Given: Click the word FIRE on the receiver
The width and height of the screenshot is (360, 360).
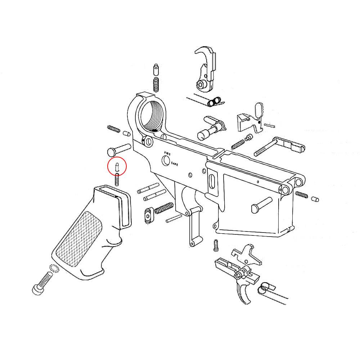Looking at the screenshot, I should [x=167, y=153].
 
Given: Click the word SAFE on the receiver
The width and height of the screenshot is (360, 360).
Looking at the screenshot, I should [x=175, y=163].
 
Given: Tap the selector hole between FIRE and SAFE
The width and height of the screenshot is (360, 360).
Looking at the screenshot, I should [x=166, y=160].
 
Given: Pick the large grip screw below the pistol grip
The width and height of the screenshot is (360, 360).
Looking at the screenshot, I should [x=42, y=283].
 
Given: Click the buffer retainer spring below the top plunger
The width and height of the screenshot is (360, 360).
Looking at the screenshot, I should [x=156, y=85].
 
